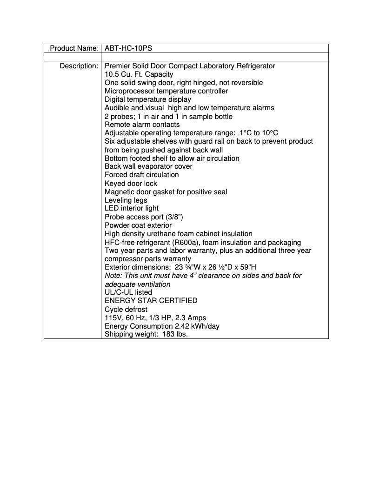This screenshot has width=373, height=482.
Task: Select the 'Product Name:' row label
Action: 74,48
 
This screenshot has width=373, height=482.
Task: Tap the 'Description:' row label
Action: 79,66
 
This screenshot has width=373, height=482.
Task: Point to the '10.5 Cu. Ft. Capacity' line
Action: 139,74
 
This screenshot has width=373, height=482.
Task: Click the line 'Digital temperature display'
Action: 147,99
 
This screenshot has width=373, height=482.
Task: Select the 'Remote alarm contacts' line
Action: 142,125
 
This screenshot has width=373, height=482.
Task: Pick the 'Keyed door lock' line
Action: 131,183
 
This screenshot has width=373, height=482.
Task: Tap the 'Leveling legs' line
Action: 126,200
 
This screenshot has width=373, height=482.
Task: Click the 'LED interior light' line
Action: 131,208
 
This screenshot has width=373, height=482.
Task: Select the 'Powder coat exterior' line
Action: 138,225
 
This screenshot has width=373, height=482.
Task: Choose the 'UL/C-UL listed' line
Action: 128,292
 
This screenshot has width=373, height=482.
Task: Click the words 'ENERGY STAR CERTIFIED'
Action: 151,301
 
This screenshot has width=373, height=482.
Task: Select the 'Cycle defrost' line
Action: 126,309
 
